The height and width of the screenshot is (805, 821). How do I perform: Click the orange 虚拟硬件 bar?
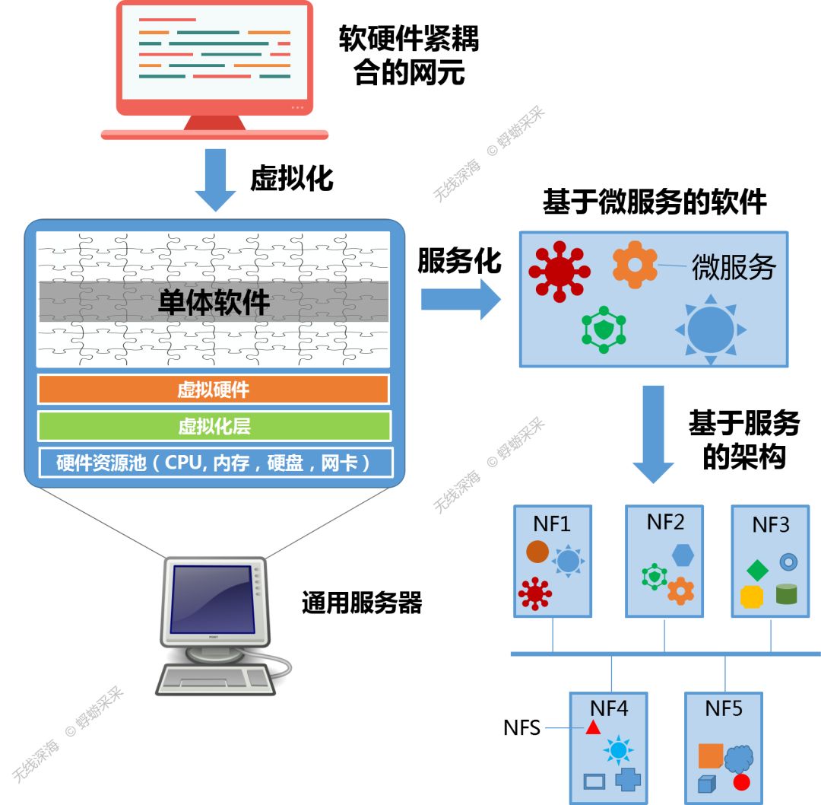pos(214,390)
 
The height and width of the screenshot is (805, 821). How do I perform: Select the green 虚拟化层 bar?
pos(214,426)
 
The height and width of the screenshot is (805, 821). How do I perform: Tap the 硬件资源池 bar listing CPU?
pos(214,463)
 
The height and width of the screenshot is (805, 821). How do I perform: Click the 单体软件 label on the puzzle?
pos(214,303)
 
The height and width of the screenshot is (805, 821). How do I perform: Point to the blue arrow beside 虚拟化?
pos(216,180)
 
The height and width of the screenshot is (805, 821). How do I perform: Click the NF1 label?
pos(553,524)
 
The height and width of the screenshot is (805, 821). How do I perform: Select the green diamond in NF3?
pos(757,569)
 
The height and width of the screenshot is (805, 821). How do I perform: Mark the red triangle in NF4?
pos(593,728)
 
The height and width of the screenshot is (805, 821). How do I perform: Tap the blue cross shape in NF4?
pos(628,780)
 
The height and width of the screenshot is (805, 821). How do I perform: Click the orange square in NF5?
pos(710,756)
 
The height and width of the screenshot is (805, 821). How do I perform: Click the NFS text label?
pos(521,728)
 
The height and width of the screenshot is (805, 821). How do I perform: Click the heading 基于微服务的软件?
pos(655,203)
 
